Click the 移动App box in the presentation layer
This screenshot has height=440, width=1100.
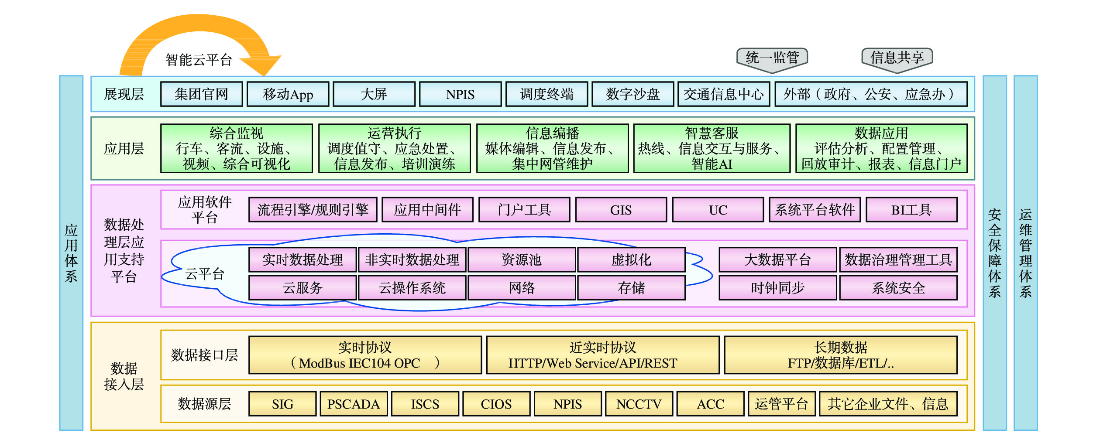(288, 94)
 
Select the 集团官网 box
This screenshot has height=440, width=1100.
(201, 94)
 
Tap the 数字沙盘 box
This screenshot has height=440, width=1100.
(632, 94)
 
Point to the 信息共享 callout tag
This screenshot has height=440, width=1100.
(897, 58)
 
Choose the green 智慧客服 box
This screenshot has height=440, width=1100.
(712, 148)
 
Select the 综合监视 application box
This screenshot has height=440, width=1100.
(236, 148)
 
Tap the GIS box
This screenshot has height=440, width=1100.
(621, 210)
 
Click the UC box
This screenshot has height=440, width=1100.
(718, 210)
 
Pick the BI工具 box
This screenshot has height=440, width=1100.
(911, 210)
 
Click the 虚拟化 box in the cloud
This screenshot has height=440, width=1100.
(631, 260)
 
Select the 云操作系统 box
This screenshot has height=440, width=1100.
(412, 288)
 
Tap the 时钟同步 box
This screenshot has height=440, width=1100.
(777, 288)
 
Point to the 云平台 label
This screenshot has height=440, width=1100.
(205, 274)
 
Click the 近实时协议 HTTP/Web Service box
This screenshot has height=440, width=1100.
(602, 355)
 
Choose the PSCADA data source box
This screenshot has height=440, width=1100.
(354, 404)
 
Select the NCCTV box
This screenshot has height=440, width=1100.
(639, 404)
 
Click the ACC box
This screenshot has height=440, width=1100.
(710, 404)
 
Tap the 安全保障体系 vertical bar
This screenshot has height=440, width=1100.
(994, 253)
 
